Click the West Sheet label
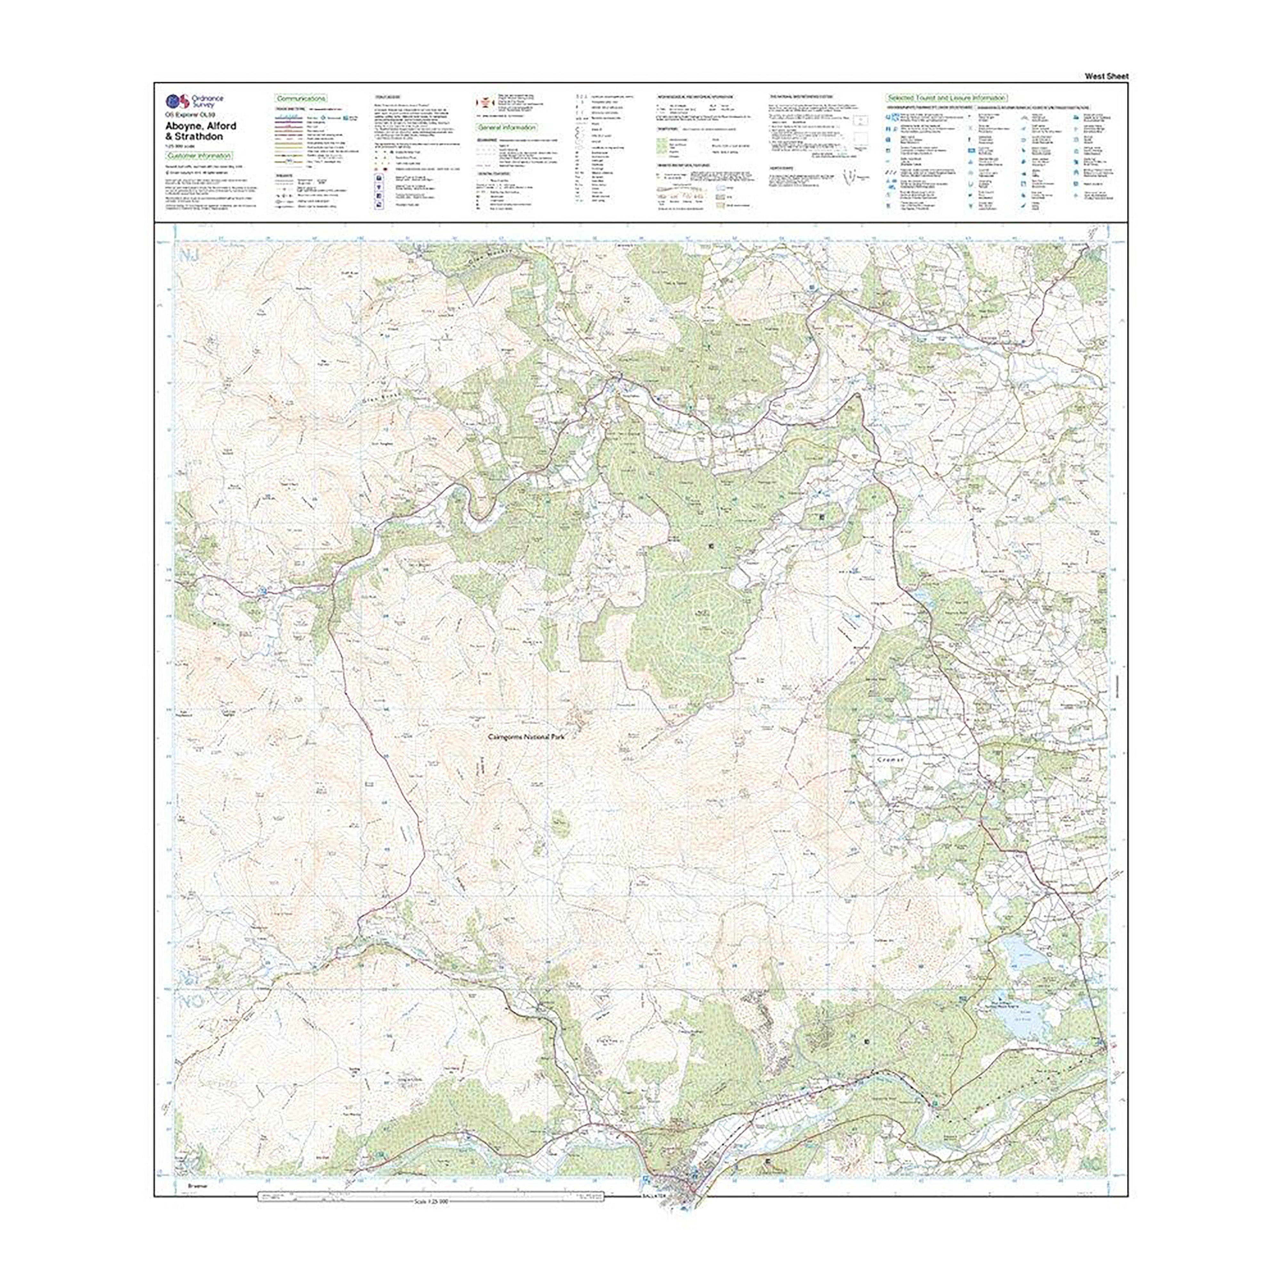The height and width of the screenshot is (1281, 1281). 1106,76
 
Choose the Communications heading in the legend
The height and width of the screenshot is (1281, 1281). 301,98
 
